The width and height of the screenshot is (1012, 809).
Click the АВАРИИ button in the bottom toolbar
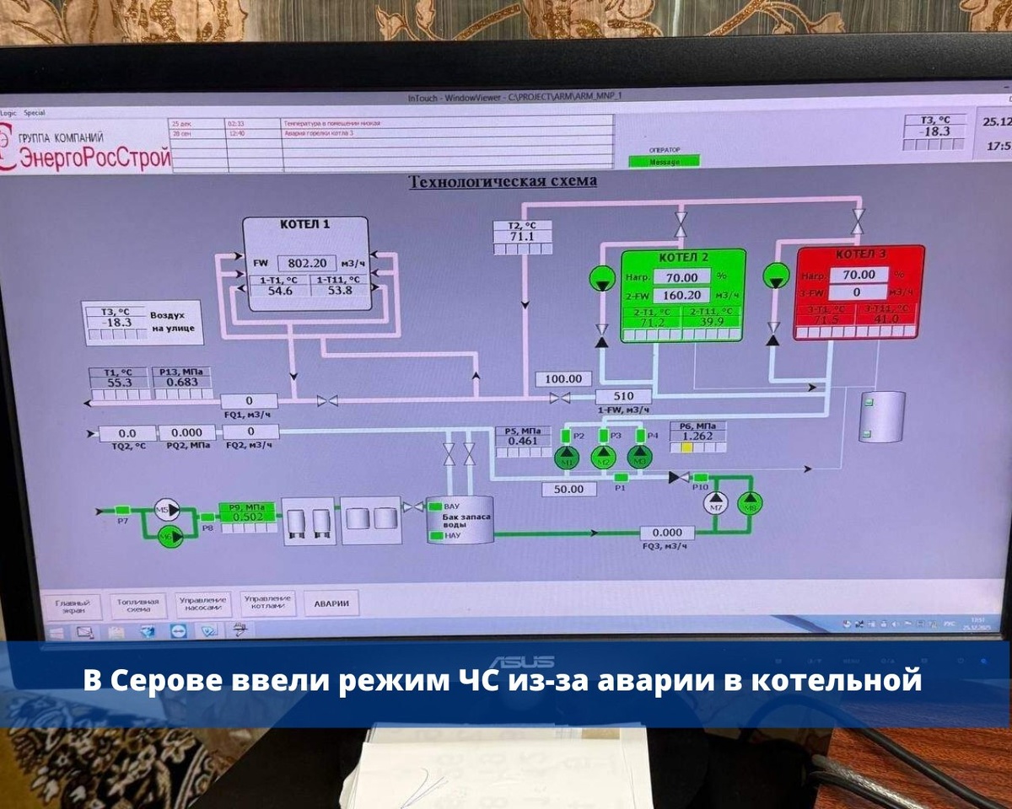pos(331,603)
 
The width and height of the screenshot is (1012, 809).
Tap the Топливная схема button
pos(138,605)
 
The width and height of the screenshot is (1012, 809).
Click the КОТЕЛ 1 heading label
pos(304,225)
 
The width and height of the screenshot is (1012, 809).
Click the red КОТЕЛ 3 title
pos(860,254)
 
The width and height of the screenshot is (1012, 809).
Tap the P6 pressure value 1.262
pos(697,436)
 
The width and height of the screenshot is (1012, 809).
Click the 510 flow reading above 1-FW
pos(623,396)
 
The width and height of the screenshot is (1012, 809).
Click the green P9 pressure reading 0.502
pos(248,517)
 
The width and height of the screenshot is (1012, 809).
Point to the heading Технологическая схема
pos(503,181)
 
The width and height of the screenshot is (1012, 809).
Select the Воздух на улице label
pos(172,321)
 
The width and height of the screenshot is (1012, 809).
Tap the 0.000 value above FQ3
pos(667,533)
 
